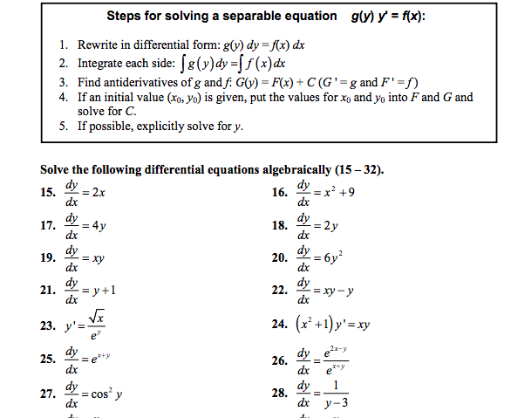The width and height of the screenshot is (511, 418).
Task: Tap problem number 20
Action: pyautogui.click(x=283, y=257)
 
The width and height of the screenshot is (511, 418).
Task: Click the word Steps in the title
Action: pyautogui.click(x=126, y=16)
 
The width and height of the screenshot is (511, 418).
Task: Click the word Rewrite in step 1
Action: pyautogui.click(x=102, y=44)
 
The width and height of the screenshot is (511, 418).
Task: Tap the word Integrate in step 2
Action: pyautogui.click(x=106, y=64)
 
